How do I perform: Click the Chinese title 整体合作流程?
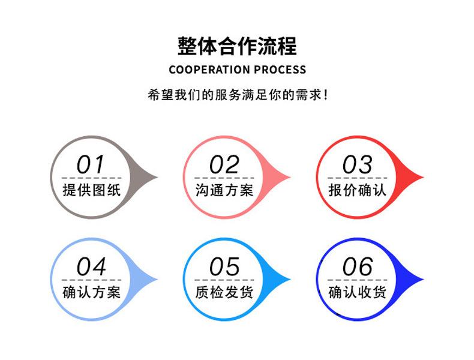(237, 46)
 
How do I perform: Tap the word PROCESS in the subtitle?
(280, 70)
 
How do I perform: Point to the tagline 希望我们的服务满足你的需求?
(238, 95)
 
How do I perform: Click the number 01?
(91, 164)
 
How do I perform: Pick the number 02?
(224, 164)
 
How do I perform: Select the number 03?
(357, 164)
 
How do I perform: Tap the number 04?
(91, 266)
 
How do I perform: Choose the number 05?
(224, 266)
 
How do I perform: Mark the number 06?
(357, 266)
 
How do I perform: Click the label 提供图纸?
(92, 190)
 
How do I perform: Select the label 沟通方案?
(224, 190)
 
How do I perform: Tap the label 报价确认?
(358, 190)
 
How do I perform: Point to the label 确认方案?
(92, 292)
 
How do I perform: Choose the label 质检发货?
(224, 292)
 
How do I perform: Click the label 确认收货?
(358, 292)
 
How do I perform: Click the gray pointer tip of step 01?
(157, 177)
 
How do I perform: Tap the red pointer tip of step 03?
(423, 177)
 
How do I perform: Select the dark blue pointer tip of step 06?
(423, 279)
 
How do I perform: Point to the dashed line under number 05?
(224, 280)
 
